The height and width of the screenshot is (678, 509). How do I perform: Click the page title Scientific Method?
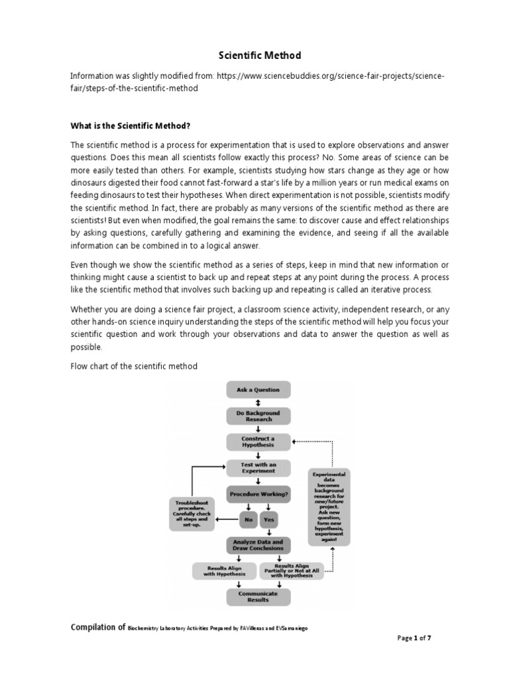click(254, 56)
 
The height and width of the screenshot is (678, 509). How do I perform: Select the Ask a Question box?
click(258, 389)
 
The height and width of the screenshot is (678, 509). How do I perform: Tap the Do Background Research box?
click(258, 416)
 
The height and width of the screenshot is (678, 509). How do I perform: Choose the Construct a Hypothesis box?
click(258, 442)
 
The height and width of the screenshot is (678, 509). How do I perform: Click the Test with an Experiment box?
click(258, 468)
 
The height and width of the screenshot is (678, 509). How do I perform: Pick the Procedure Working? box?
click(258, 494)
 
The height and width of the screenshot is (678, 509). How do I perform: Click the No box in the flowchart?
click(249, 520)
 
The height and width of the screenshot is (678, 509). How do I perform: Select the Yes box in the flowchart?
click(269, 520)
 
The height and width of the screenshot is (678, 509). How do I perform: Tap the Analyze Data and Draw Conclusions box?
click(258, 545)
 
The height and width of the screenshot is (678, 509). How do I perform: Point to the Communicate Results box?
click(258, 597)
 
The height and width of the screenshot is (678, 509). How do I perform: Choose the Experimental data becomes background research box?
click(329, 506)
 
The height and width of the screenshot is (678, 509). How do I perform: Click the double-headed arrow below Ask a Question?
click(258, 403)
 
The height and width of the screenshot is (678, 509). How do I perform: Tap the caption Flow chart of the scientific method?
click(134, 366)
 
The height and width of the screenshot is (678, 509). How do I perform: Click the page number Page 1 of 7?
click(414, 638)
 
